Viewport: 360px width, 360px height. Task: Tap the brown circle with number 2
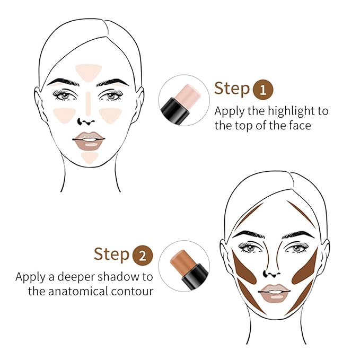(x=142, y=255)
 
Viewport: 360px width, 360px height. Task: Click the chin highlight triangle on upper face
(x=90, y=156)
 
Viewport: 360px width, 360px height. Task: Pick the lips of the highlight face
(x=89, y=141)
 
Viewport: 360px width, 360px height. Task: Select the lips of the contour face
(x=273, y=292)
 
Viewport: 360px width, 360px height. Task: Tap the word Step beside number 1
(x=232, y=89)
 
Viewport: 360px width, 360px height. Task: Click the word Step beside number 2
(x=111, y=254)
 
